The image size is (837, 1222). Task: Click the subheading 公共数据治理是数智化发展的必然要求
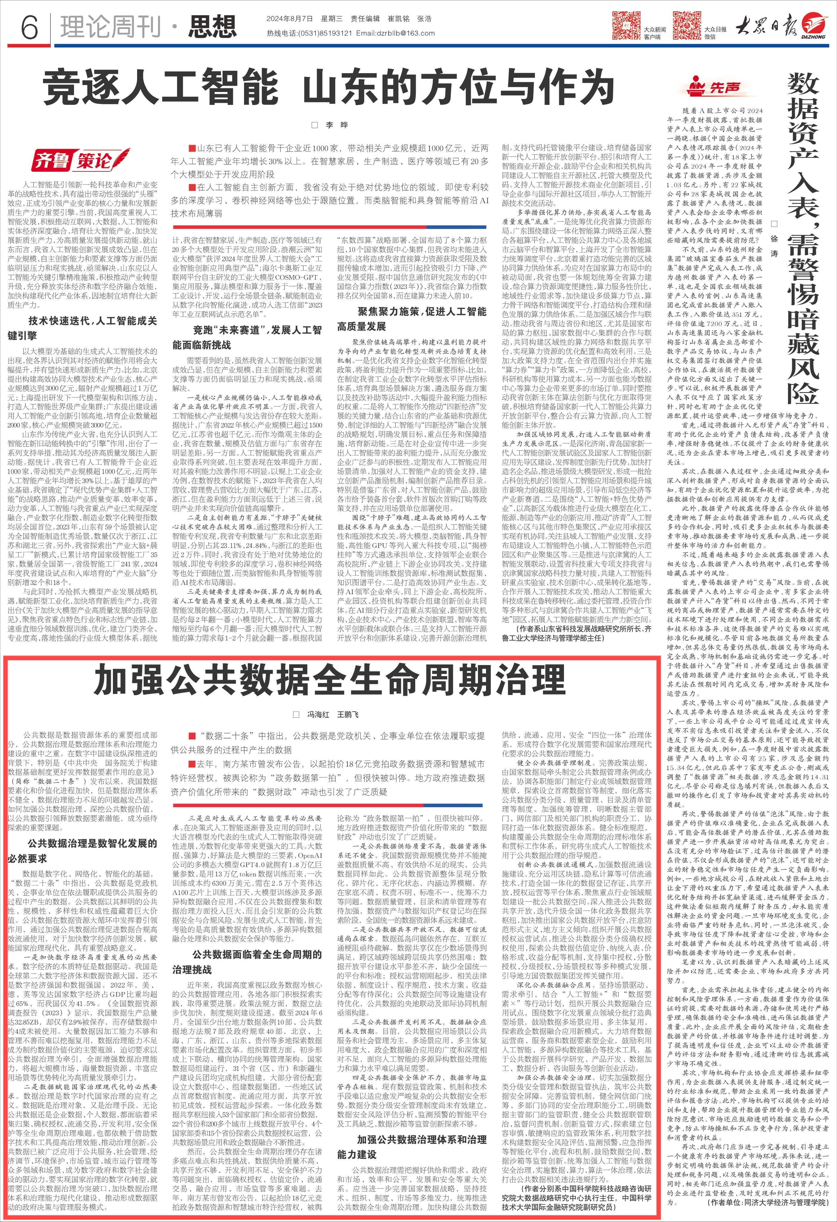pyautogui.click(x=83, y=851)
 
